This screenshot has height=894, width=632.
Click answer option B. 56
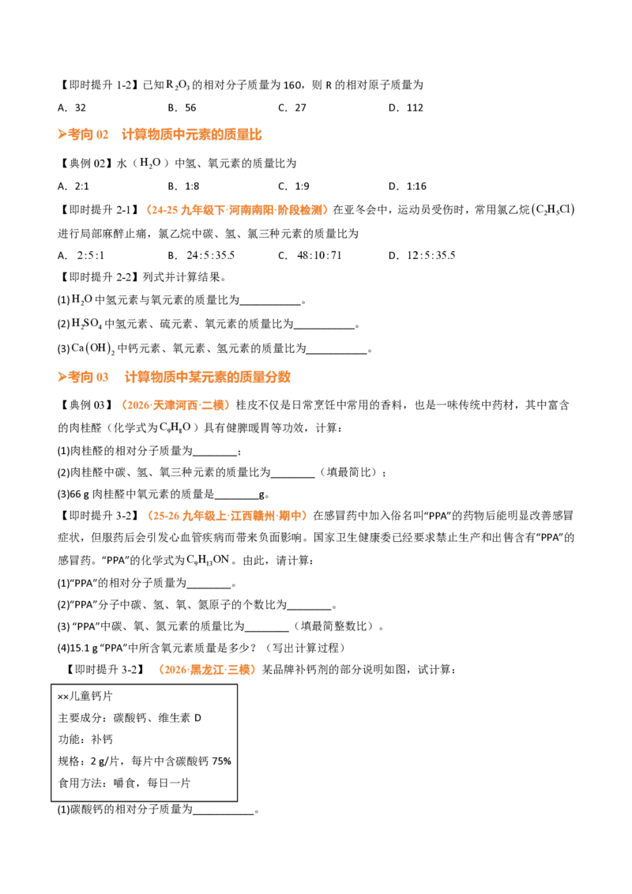(182, 107)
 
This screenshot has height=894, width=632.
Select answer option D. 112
(405, 107)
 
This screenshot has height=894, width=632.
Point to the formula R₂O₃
(178, 85)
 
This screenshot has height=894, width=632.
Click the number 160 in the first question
(292, 85)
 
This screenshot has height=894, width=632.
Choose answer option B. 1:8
(183, 186)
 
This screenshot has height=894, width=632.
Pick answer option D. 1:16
(408, 186)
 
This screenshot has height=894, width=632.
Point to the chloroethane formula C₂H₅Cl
(553, 210)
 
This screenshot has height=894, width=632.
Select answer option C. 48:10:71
(310, 255)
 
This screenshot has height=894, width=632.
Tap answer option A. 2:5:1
(81, 255)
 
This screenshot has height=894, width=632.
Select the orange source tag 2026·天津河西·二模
(175, 405)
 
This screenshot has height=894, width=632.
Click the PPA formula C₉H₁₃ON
(208, 560)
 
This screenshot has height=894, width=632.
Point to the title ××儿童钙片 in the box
(85, 696)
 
